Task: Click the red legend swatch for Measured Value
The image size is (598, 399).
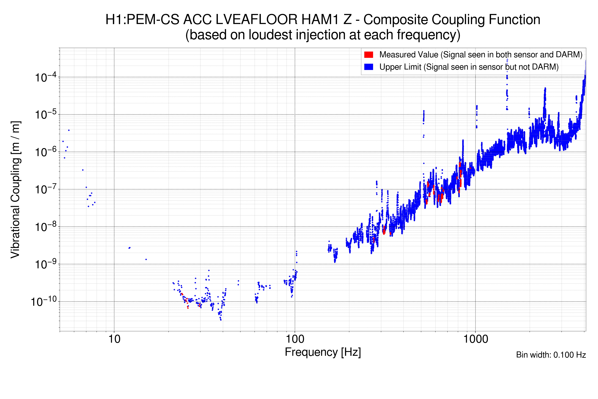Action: pos(368,55)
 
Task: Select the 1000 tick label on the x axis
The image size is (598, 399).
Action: pos(475,339)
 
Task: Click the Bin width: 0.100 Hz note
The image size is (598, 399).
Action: pos(551,355)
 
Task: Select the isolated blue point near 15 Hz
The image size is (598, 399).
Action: pos(146,260)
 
